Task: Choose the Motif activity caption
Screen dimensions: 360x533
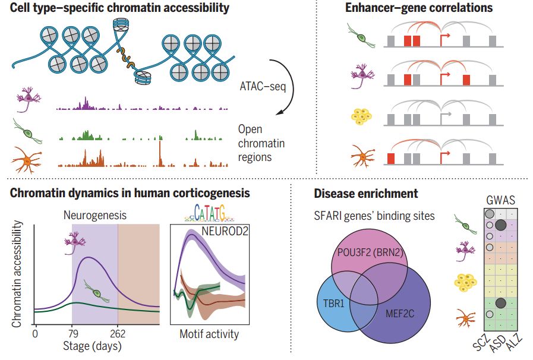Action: point(209,334)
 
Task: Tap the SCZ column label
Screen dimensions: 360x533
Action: point(481,344)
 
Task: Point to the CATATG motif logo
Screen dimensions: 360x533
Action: point(209,212)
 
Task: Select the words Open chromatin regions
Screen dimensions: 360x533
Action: point(255,143)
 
